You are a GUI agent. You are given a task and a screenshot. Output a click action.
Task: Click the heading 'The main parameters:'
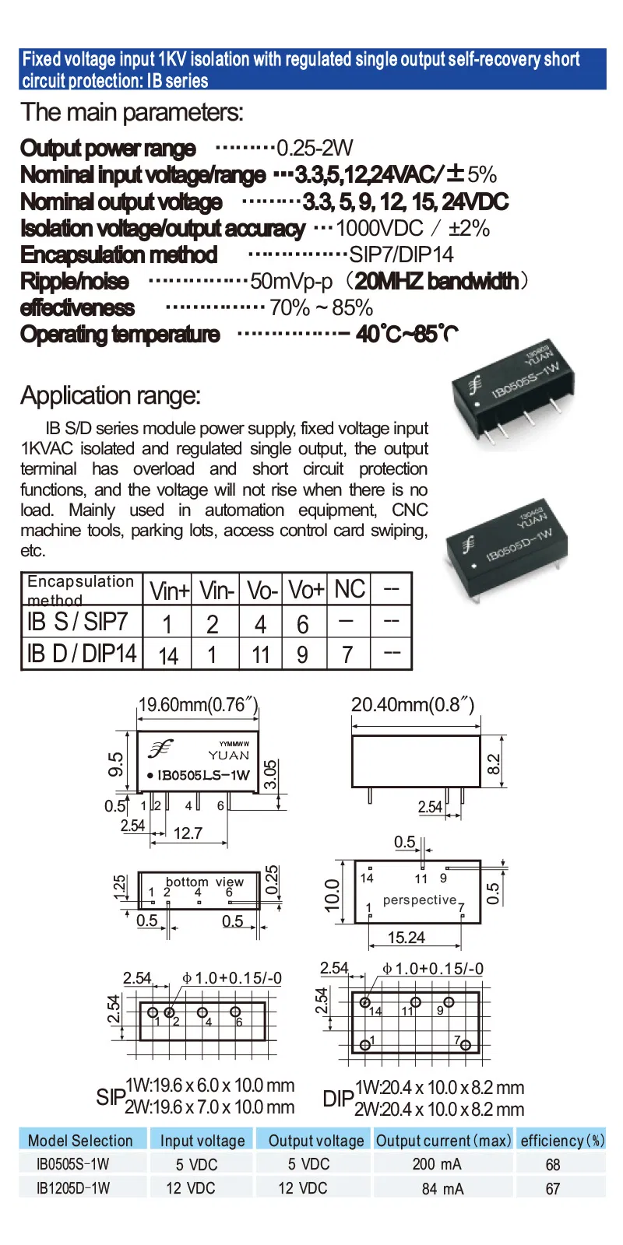tap(132, 113)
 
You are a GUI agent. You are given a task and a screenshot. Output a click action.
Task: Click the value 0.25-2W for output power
tap(315, 148)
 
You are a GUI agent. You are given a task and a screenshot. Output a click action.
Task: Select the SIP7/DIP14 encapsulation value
tap(401, 254)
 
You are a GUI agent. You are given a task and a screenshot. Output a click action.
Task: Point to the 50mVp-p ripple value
tap(291, 281)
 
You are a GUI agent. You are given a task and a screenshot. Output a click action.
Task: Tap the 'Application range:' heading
tap(111, 395)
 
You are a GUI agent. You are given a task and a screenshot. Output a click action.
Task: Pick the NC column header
tap(350, 589)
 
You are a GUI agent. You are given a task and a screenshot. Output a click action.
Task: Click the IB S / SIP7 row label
tap(77, 622)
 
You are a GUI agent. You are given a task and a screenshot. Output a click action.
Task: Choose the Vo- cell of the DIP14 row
tap(261, 654)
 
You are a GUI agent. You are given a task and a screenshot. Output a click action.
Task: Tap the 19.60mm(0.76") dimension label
tap(198, 705)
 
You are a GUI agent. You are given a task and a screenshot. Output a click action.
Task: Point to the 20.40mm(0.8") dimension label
tap(412, 705)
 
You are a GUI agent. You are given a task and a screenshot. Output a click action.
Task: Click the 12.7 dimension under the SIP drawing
tap(188, 833)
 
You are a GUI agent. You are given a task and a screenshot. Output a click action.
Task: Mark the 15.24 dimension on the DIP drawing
tap(407, 938)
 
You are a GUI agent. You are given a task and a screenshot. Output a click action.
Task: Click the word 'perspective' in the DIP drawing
tap(420, 900)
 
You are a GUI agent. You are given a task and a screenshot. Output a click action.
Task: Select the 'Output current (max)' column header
tap(443, 1141)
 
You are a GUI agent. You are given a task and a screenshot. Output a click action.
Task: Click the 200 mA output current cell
tap(437, 1164)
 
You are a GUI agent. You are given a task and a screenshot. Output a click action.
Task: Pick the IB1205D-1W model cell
tap(73, 1188)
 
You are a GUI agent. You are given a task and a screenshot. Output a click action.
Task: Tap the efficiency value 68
tap(553, 1165)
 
